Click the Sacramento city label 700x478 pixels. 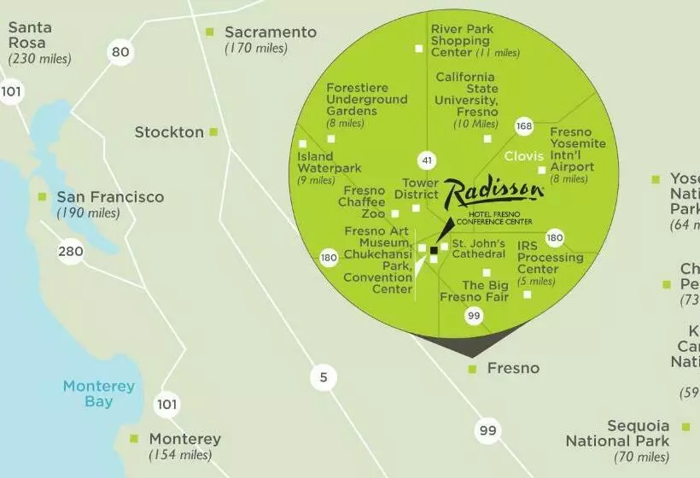point(270,32)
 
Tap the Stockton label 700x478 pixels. point(169,132)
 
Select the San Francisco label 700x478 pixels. point(109,197)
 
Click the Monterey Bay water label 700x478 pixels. point(99,393)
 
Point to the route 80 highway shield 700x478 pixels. point(120,53)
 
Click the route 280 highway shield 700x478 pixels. point(71,252)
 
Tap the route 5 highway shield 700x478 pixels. point(323,376)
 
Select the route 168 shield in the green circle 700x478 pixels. point(523,127)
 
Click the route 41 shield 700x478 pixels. point(426,160)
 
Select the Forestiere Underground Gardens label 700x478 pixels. point(366,99)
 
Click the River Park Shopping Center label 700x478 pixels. point(462,41)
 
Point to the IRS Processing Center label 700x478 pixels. point(550,258)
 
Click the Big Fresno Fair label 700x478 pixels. point(475,291)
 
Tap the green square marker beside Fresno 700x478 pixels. point(472,369)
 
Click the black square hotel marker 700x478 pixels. point(434,251)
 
